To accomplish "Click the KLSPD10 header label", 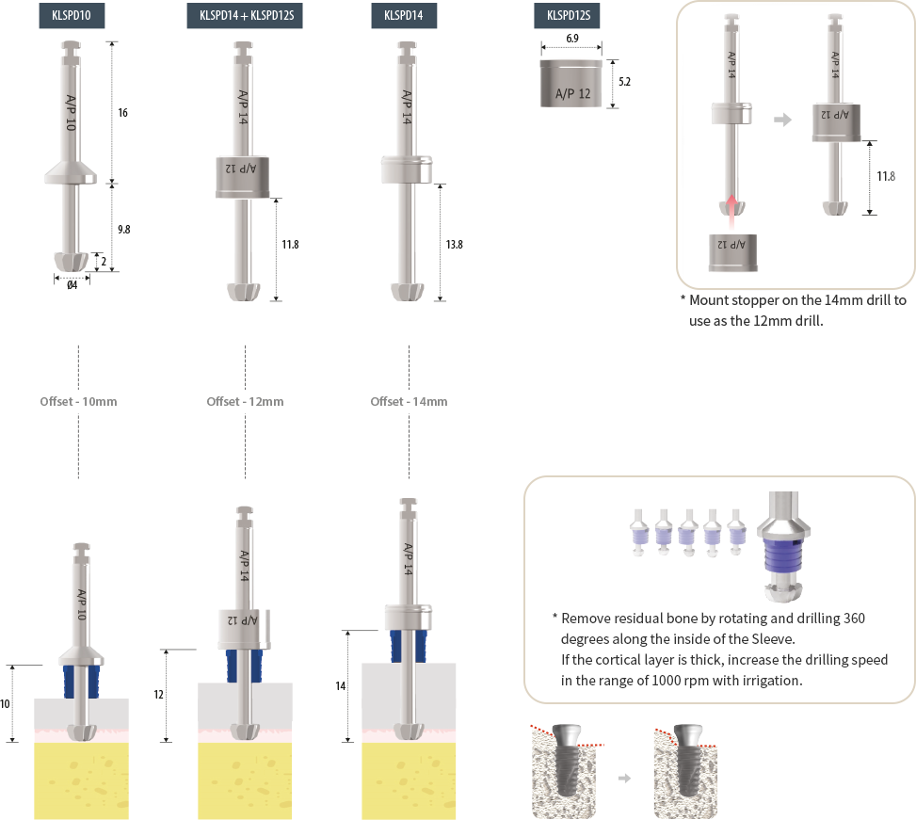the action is click(x=72, y=16).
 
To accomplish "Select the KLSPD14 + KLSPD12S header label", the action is click(x=245, y=16).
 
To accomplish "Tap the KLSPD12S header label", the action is click(x=567, y=16).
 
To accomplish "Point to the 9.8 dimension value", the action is click(x=124, y=230).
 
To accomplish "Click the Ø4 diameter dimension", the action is click(x=72, y=285).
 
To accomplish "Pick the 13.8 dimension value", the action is click(x=454, y=245).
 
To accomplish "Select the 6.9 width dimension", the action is click(x=572, y=39).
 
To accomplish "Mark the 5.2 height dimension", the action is click(x=624, y=82).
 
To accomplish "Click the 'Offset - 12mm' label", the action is click(x=245, y=402).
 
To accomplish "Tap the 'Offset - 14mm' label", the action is click(x=409, y=402).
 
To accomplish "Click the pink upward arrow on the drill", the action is click(x=731, y=212).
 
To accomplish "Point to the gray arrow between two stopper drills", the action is click(x=783, y=120).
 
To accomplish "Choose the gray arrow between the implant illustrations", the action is click(x=624, y=778).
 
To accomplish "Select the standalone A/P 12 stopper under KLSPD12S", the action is click(x=571, y=84).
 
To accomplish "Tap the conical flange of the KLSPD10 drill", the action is click(x=71, y=172).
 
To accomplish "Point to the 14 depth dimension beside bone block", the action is click(x=341, y=686).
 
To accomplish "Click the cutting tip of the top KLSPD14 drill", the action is click(x=408, y=292).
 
